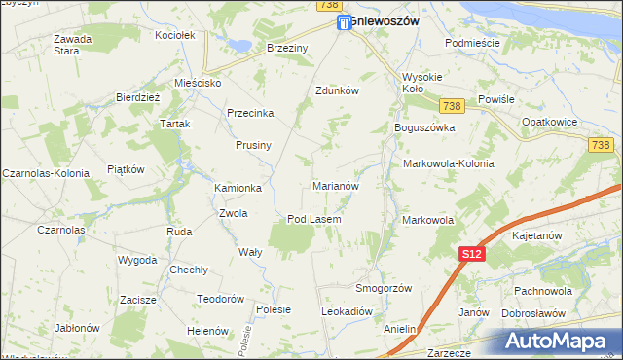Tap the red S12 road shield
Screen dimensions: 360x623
click(x=471, y=254)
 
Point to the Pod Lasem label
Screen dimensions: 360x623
click(x=313, y=219)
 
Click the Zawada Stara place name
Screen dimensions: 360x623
click(x=72, y=45)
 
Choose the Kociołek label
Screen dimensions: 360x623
click(x=176, y=35)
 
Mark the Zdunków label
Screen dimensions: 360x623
click(x=338, y=90)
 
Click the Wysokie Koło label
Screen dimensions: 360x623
click(x=422, y=84)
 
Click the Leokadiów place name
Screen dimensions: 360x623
click(x=348, y=311)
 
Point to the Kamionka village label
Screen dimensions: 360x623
click(x=238, y=188)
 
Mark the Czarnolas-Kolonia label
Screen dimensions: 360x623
click(x=46, y=172)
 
